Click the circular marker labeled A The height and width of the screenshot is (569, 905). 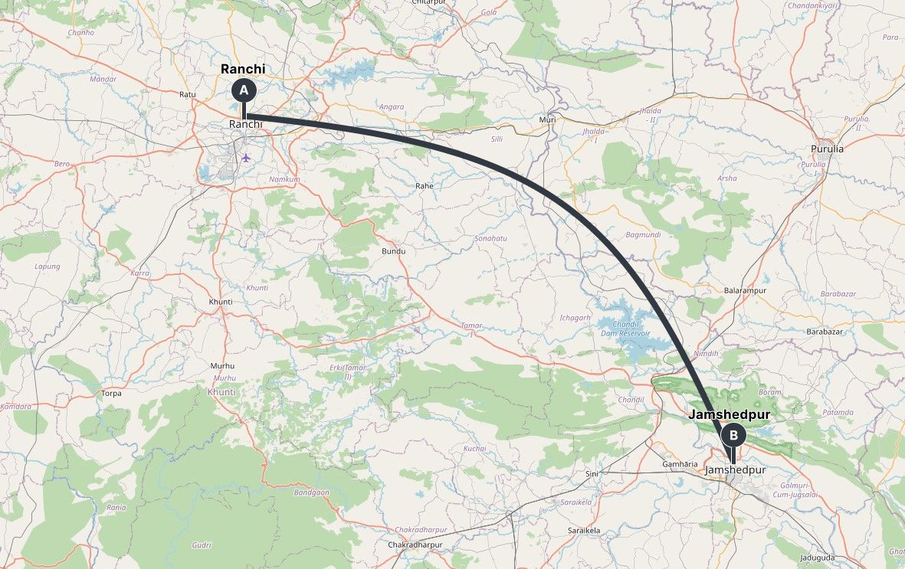(x=244, y=90)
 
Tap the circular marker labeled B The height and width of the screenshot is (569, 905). (x=733, y=436)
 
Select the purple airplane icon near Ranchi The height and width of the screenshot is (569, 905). (x=246, y=158)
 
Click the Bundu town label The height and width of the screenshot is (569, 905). (x=393, y=251)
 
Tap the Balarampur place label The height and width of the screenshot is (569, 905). (x=745, y=291)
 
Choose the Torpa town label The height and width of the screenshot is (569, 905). (x=111, y=394)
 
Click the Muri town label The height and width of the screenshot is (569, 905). (x=547, y=120)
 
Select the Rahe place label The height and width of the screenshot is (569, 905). (x=425, y=186)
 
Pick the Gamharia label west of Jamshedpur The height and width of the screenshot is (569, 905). (x=680, y=465)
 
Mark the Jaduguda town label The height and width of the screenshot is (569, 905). (x=817, y=558)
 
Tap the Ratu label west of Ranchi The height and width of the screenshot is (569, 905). (x=188, y=95)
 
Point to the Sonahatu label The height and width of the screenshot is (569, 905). (x=491, y=239)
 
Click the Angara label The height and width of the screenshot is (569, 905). (x=392, y=107)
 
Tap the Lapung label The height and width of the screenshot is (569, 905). (x=48, y=267)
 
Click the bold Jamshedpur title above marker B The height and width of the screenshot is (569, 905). (x=730, y=415)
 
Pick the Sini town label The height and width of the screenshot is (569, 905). (x=592, y=474)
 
